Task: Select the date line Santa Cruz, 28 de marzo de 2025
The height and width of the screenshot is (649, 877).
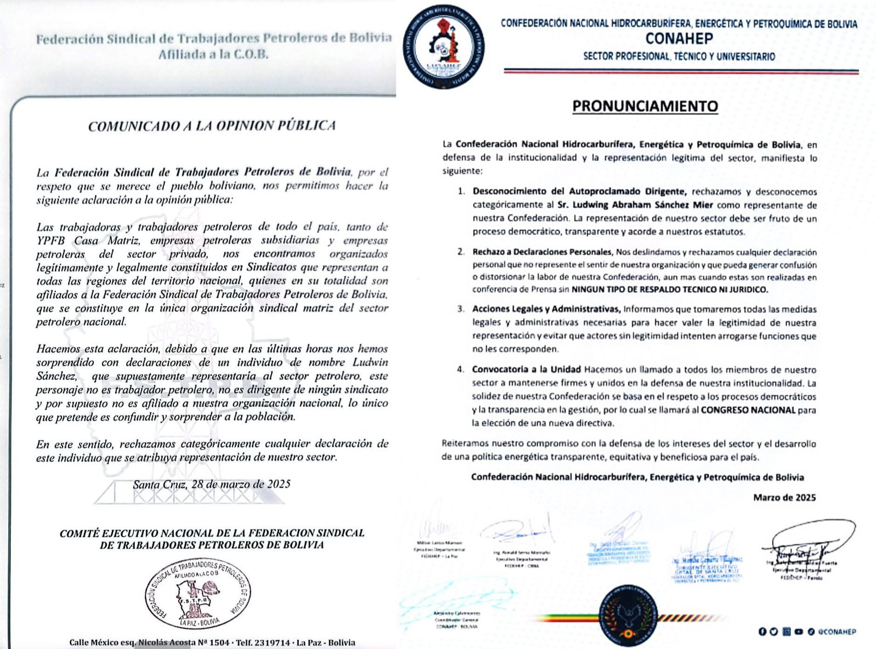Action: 212,485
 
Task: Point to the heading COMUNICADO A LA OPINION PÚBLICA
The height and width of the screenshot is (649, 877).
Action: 212,126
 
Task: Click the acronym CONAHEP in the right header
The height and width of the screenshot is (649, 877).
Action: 679,39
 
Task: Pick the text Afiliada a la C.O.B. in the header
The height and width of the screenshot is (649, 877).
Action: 213,55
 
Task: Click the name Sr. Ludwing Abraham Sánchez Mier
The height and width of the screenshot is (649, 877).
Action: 635,205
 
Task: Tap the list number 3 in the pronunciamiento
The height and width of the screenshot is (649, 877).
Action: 461,309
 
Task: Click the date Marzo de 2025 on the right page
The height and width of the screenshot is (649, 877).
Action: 784,498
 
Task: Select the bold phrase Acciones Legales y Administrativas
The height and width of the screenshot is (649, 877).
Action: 546,309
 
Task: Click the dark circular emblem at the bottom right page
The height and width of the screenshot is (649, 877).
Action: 628,614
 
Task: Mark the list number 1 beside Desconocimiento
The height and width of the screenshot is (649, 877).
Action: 462,192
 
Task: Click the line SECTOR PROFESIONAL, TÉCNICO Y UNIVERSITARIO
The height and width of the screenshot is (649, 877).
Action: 679,56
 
